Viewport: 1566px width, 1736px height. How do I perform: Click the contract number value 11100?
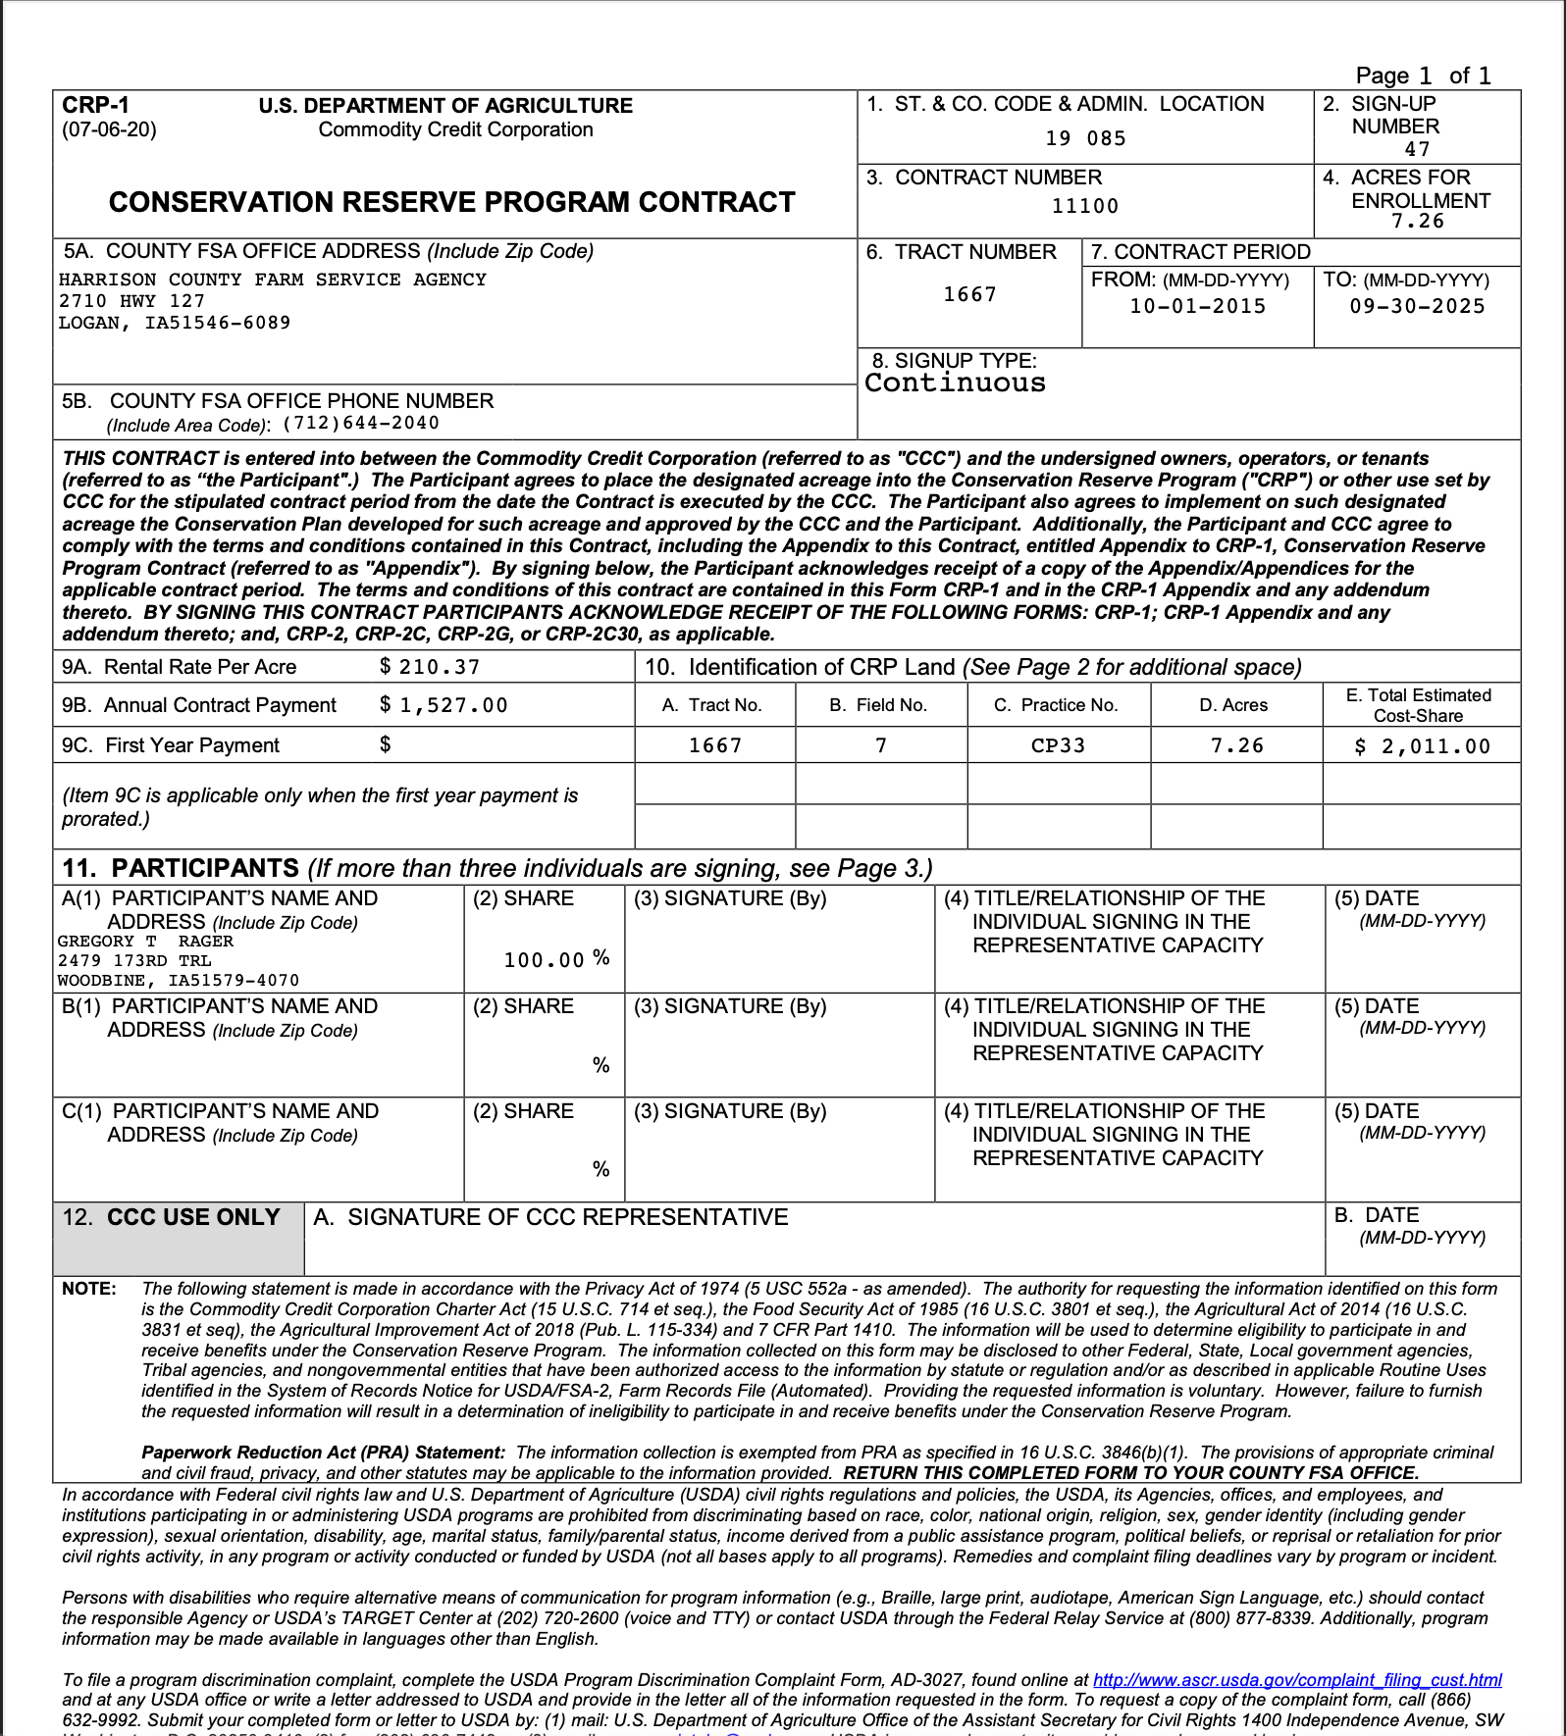click(1084, 206)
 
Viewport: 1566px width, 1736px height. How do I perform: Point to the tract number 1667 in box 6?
click(969, 294)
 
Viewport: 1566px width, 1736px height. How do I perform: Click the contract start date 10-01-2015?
click(1197, 306)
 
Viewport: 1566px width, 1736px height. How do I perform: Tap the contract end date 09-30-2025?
click(1417, 306)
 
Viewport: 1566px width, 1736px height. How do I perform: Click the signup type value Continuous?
click(955, 383)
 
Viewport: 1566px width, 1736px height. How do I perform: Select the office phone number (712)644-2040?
click(361, 424)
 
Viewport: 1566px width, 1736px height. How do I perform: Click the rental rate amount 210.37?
click(439, 667)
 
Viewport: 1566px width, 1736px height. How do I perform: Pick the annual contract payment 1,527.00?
click(452, 705)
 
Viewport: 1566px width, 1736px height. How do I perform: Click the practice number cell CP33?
click(1058, 745)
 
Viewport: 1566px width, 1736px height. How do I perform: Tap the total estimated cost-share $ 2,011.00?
click(1422, 746)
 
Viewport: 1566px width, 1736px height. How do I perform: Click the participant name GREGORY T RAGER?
click(145, 942)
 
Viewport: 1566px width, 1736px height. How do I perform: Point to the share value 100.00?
click(544, 960)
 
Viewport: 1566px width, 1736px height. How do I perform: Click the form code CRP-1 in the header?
click(95, 105)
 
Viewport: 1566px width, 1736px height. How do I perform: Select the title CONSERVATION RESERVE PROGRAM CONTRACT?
click(451, 202)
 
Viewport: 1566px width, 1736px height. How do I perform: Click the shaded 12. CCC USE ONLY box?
click(179, 1238)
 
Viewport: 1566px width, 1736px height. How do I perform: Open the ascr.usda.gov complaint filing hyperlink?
click(1296, 1680)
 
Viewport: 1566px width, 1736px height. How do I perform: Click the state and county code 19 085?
click(1084, 138)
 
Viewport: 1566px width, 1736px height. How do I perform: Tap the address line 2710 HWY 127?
click(131, 301)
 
